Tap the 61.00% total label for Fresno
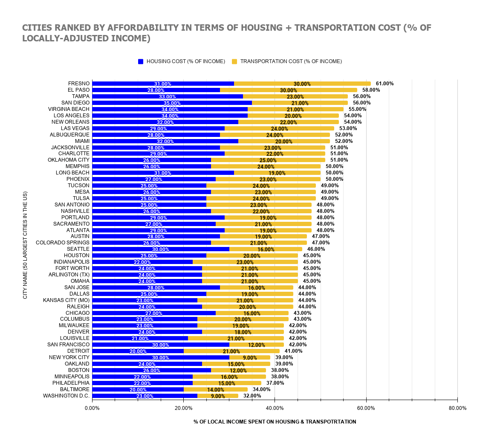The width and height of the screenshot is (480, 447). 385,84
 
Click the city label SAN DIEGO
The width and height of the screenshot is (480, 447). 75,103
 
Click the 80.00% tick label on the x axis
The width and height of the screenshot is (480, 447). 457,408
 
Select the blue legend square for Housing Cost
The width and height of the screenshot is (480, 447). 141,61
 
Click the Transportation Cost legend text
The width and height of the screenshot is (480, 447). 291,61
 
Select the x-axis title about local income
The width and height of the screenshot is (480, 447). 275,421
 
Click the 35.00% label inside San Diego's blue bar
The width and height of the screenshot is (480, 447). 172,103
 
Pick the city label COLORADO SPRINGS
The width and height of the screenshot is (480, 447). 63,243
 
